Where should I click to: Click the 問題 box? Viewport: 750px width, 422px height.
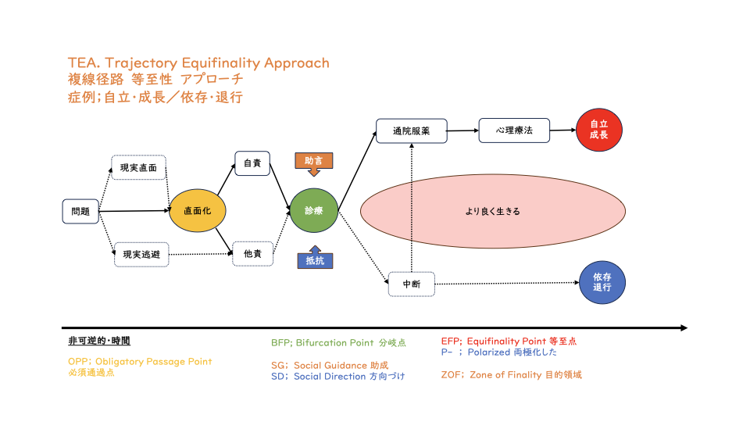click(x=80, y=211)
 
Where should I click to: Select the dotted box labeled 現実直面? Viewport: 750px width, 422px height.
click(x=139, y=167)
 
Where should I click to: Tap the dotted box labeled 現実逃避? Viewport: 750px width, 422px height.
click(x=141, y=255)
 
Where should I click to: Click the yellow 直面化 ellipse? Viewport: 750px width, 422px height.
click(x=197, y=210)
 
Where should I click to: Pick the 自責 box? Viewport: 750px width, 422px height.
click(x=252, y=163)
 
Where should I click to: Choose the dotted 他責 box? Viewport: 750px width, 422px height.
click(x=252, y=253)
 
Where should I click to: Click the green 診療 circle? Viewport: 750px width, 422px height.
click(x=314, y=210)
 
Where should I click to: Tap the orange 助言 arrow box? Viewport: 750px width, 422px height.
click(x=314, y=164)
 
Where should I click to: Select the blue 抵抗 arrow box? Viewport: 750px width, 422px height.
click(x=315, y=257)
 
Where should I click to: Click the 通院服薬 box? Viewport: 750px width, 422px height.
click(x=412, y=131)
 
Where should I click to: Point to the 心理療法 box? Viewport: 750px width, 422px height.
click(x=514, y=131)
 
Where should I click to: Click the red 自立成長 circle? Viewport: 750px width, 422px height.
click(x=599, y=130)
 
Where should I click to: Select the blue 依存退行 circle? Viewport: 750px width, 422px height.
click(x=602, y=282)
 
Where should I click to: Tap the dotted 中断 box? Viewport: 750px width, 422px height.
click(x=412, y=284)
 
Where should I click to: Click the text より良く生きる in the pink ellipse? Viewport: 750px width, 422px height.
click(x=493, y=211)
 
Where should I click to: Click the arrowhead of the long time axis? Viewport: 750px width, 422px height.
click(x=684, y=327)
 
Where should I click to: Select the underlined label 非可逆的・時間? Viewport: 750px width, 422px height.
click(x=99, y=341)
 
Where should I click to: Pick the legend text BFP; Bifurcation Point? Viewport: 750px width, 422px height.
click(x=323, y=342)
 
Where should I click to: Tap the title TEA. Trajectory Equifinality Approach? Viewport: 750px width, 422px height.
click(x=198, y=63)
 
